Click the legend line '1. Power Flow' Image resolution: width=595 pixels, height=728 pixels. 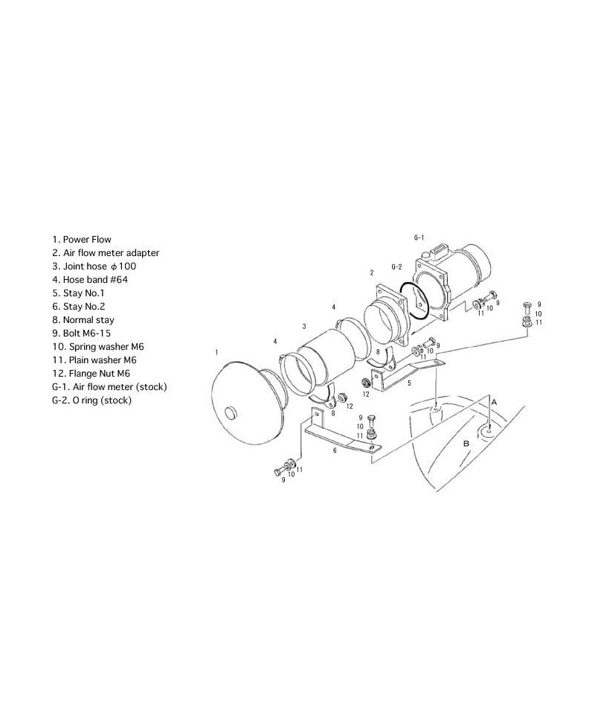tap(82, 240)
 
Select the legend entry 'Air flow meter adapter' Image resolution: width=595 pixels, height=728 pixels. tap(106, 253)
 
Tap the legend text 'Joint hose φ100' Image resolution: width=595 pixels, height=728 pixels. tap(94, 266)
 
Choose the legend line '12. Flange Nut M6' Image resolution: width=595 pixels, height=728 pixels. tap(91, 374)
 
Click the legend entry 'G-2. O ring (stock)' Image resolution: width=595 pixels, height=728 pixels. tap(91, 400)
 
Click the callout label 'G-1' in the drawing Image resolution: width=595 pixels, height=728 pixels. tap(419, 237)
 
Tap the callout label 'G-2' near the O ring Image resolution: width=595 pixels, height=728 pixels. tap(396, 266)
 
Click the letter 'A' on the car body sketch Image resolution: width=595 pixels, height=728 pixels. tap(493, 401)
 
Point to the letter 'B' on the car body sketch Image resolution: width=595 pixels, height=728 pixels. tap(466, 443)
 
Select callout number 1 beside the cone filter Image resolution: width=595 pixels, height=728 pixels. tap(216, 351)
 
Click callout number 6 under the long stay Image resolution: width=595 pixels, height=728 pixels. tap(334, 451)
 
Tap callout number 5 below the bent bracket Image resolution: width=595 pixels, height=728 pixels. tap(409, 384)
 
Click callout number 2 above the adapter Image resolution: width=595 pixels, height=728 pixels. tap(371, 273)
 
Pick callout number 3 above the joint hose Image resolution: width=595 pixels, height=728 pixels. tap(303, 326)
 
